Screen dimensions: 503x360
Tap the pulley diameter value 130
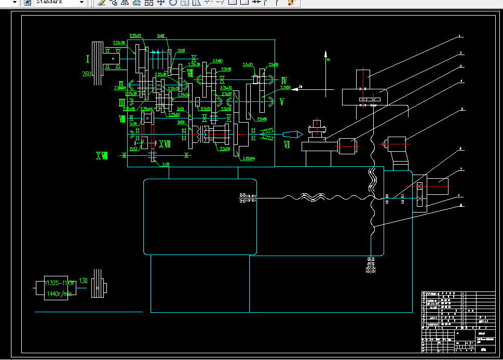pos(83,281)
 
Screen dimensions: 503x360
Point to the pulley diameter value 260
pos(87,74)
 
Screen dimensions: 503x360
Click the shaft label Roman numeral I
pos(88,59)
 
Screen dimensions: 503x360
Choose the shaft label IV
pos(284,81)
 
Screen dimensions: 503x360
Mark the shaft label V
pos(282,102)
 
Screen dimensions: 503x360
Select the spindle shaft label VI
pos(287,145)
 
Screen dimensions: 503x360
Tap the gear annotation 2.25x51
pos(135,36)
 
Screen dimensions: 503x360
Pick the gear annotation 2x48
pos(161,36)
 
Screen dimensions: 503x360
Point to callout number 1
pos(459,37)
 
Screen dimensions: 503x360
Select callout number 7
pos(460,169)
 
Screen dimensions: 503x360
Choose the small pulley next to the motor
pos(97,284)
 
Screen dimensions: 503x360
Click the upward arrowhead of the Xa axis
pos(325,53)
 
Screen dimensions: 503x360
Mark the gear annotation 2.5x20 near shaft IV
pos(248,65)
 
